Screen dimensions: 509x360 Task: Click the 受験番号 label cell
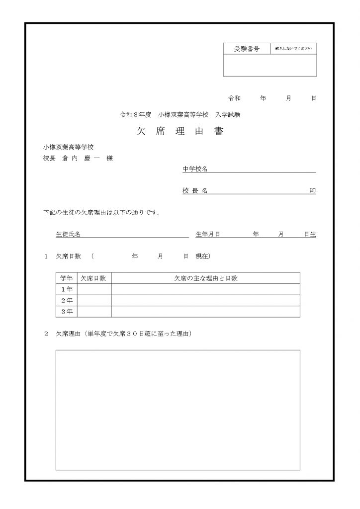click(x=247, y=49)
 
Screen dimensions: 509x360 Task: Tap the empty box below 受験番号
click(x=270, y=65)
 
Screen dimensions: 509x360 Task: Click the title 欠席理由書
click(x=180, y=132)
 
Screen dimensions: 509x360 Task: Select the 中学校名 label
click(x=195, y=169)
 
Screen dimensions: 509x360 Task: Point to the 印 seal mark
click(x=312, y=191)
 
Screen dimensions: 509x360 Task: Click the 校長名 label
click(x=195, y=191)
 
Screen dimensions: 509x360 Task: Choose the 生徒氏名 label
click(x=68, y=234)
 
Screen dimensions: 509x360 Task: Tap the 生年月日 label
click(x=208, y=234)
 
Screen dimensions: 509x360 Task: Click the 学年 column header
click(x=67, y=278)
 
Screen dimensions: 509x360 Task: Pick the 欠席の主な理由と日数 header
click(x=205, y=278)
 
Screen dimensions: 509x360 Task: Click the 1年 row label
click(x=67, y=289)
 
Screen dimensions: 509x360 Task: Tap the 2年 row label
click(x=67, y=301)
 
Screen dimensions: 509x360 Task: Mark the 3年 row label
click(x=67, y=312)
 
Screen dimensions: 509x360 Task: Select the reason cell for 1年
click(x=205, y=289)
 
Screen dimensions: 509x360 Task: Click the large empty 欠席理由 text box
click(x=178, y=410)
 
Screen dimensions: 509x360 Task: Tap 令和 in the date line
click(x=234, y=98)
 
